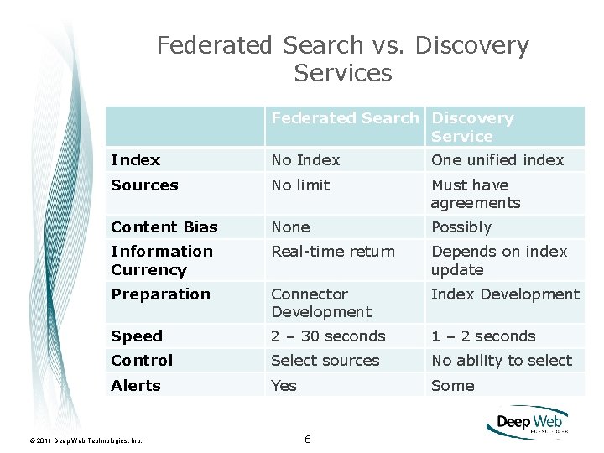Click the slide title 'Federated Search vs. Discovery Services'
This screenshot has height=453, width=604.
pyautogui.click(x=343, y=59)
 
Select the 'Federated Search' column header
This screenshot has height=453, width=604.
pyautogui.click(x=345, y=118)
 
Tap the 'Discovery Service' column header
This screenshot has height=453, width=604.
pyautogui.click(x=472, y=128)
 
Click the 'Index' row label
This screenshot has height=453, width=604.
pyautogui.click(x=136, y=160)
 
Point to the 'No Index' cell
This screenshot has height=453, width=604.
pyautogui.click(x=305, y=160)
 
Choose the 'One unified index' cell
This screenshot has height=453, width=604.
pyautogui.click(x=497, y=160)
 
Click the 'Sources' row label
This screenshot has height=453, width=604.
pyautogui.click(x=144, y=185)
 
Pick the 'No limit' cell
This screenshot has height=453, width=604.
pyautogui.click(x=300, y=185)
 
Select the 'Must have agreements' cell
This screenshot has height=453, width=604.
pyautogui.click(x=476, y=194)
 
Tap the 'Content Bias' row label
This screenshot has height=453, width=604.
pyautogui.click(x=164, y=227)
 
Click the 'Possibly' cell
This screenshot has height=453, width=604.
pyautogui.click(x=461, y=227)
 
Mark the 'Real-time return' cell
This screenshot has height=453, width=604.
pyautogui.click(x=332, y=252)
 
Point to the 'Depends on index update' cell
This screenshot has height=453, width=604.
pyautogui.click(x=499, y=261)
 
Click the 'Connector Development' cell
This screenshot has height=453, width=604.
pyautogui.click(x=320, y=303)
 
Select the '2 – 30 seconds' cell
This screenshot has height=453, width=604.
pyautogui.click(x=328, y=336)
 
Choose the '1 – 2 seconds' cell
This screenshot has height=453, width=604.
pyautogui.click(x=483, y=336)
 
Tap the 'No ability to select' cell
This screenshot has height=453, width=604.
pyautogui.click(x=502, y=361)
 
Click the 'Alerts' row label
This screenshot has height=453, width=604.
pyautogui.click(x=136, y=386)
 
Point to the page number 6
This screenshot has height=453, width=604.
pyautogui.click(x=308, y=440)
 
